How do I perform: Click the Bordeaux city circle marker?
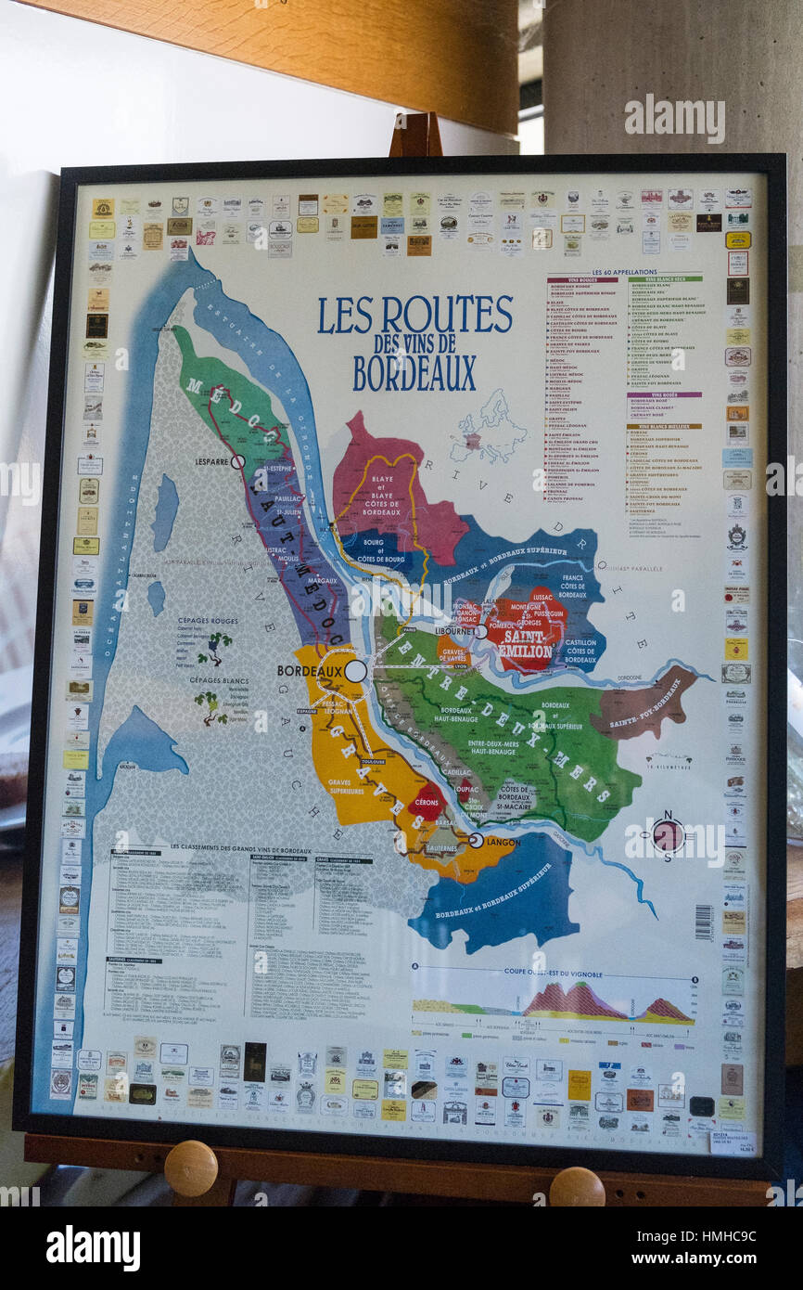pos(355,670)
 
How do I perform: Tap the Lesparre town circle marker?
pos(237,461)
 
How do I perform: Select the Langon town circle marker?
pos(476,840)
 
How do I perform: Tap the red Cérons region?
pos(425,803)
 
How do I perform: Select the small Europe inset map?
pos(488,431)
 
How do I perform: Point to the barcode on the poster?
pos(702,921)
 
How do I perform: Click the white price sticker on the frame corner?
pos(733,1141)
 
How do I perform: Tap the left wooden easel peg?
pos(191,1167)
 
